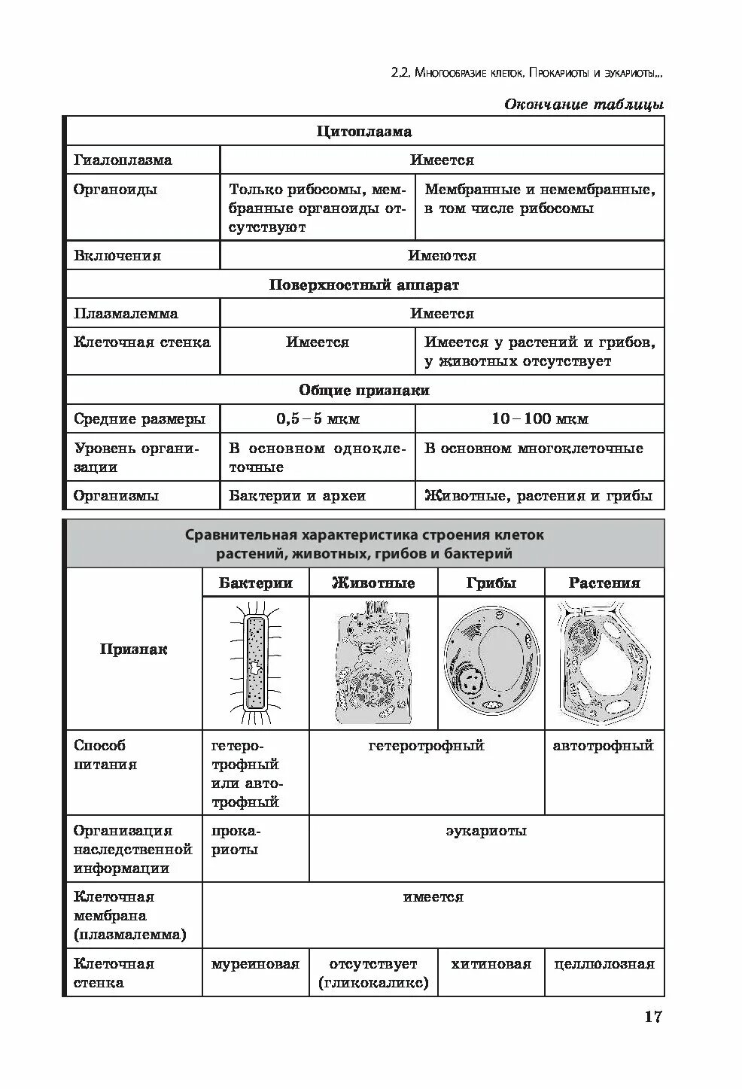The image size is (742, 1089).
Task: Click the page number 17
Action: (652, 1017)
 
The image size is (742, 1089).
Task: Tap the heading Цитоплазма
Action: (364, 132)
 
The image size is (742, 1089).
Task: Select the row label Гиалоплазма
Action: (123, 160)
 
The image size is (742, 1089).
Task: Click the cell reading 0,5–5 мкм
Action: (318, 419)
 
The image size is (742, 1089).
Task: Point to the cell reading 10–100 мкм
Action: (540, 419)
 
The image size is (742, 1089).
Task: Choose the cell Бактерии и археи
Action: (297, 496)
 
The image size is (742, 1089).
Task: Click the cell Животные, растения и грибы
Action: (539, 496)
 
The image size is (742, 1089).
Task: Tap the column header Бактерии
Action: (256, 583)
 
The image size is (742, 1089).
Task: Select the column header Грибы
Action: (491, 583)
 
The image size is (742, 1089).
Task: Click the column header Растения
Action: (604, 583)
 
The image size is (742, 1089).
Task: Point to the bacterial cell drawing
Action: (256, 662)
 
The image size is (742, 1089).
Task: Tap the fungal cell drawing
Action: (491, 662)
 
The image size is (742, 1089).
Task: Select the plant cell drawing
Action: (604, 662)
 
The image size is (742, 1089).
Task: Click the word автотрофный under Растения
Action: (604, 746)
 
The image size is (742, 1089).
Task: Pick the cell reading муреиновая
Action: (256, 964)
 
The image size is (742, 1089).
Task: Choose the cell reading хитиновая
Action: (491, 964)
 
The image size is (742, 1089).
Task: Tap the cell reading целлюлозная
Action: (604, 964)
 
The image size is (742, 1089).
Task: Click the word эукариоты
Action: (486, 831)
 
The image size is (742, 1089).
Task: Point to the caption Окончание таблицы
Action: (583, 105)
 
